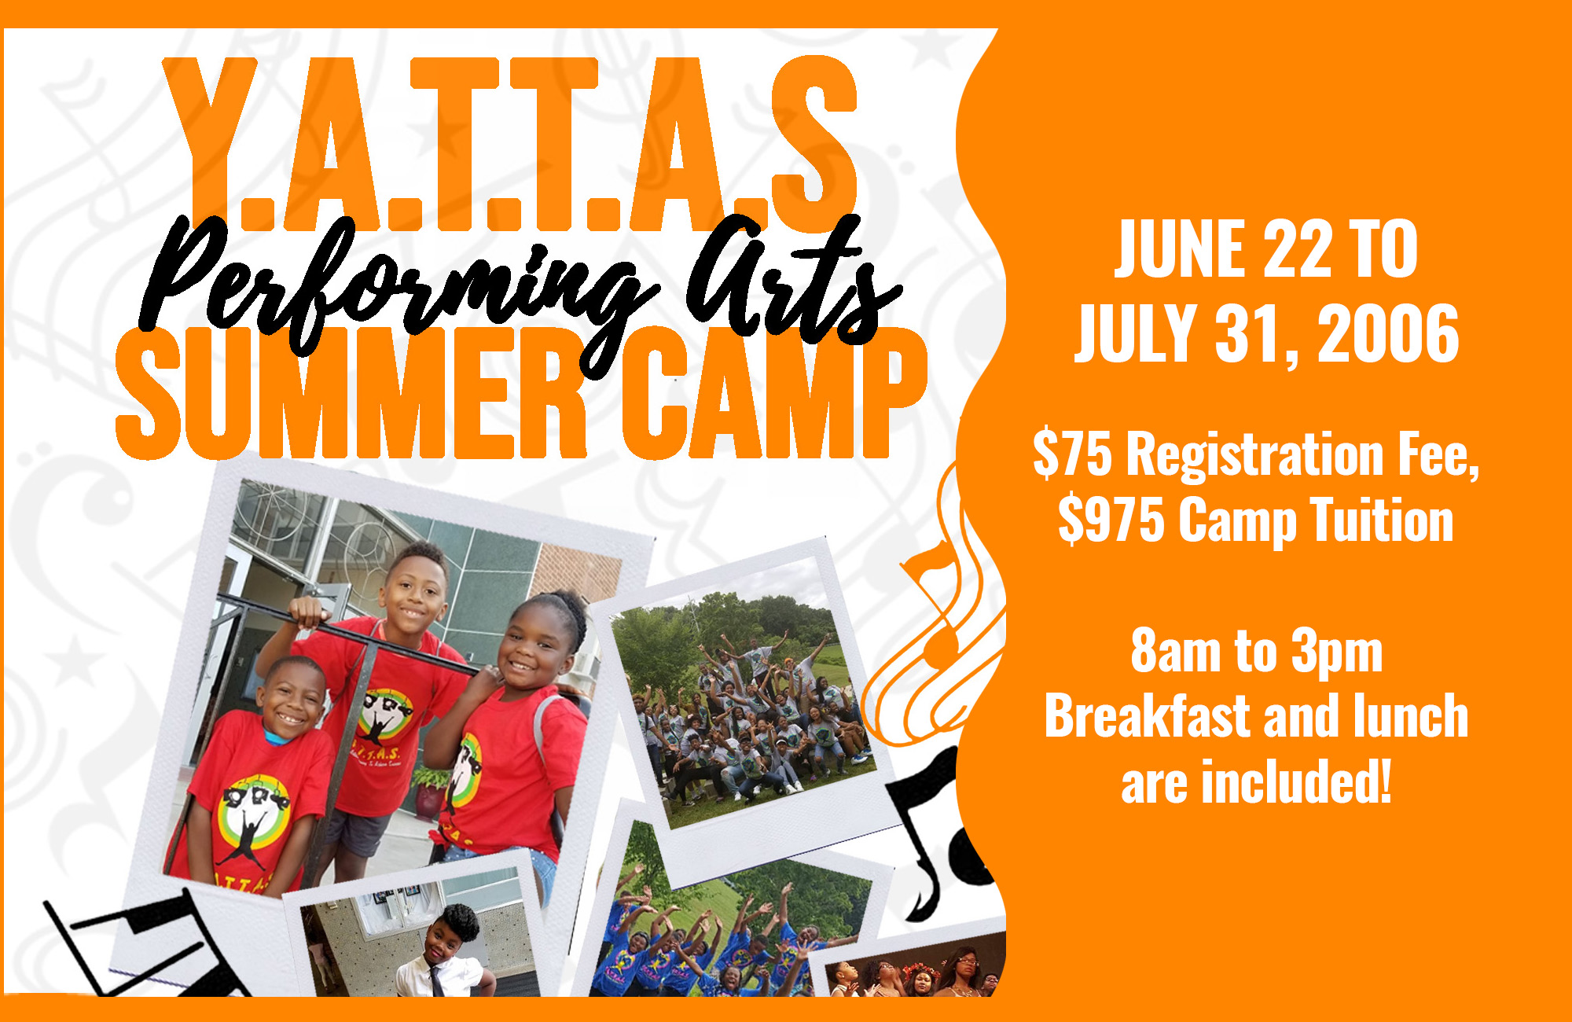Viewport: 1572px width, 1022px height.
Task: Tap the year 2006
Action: [x=1389, y=333]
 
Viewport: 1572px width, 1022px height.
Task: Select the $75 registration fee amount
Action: [x=1072, y=454]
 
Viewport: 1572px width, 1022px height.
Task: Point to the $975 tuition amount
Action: [x=1111, y=520]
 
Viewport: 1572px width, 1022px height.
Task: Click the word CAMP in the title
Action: [x=774, y=393]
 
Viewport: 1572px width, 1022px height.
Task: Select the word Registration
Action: [x=1254, y=454]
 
